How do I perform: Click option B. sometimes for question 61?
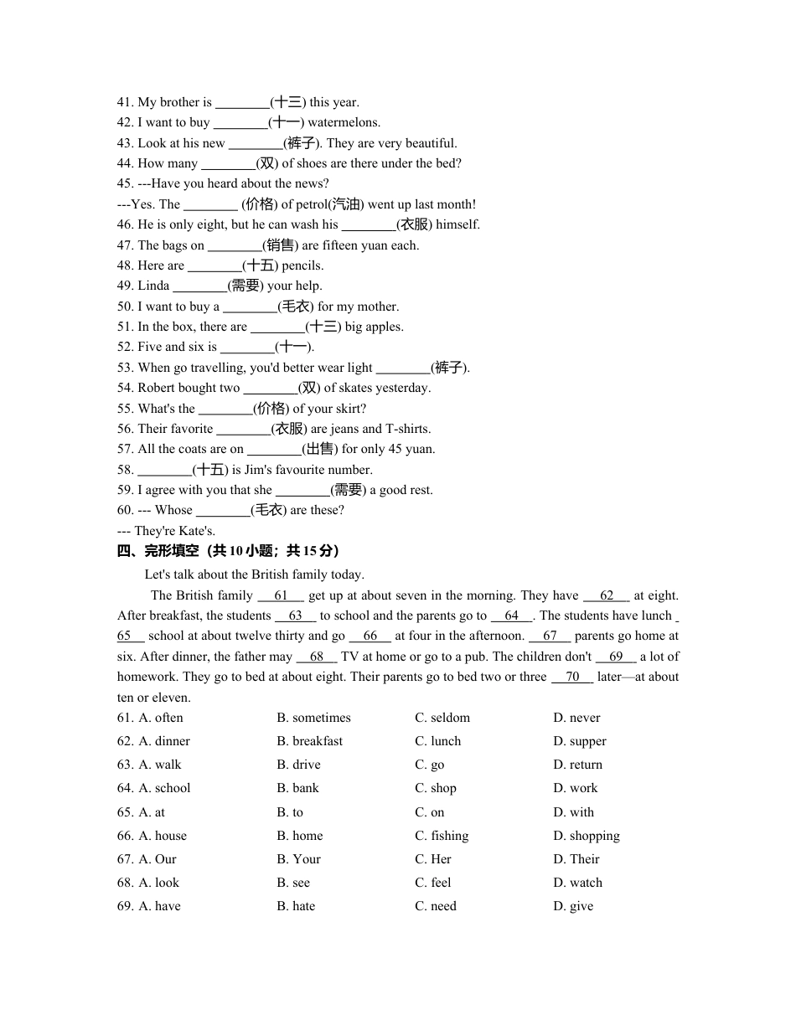click(313, 718)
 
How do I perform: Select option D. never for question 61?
click(576, 718)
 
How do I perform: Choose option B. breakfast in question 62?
click(309, 741)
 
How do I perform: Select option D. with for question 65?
click(573, 812)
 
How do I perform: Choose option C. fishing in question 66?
click(442, 836)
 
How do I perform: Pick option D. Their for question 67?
click(576, 859)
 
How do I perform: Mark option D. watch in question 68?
click(577, 883)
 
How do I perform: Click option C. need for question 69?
click(436, 906)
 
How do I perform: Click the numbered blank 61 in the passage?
click(281, 596)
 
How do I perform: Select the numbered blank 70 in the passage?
click(572, 677)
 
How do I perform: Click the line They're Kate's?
click(167, 531)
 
